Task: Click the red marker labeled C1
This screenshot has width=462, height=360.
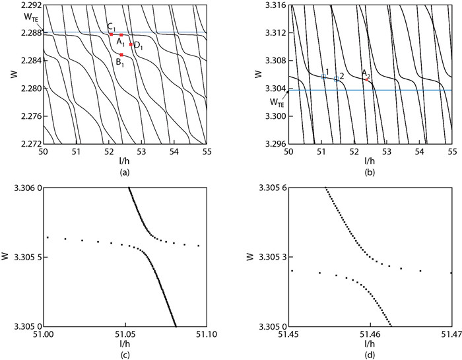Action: click(112, 34)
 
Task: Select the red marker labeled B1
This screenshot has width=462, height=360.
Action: click(121, 54)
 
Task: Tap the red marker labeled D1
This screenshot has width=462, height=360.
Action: click(131, 44)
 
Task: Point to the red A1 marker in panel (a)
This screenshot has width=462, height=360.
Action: click(121, 34)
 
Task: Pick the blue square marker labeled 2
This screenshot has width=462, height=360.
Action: click(336, 79)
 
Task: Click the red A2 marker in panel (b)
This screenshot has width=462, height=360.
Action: click(367, 79)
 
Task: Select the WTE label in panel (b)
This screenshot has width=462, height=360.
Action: click(277, 102)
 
